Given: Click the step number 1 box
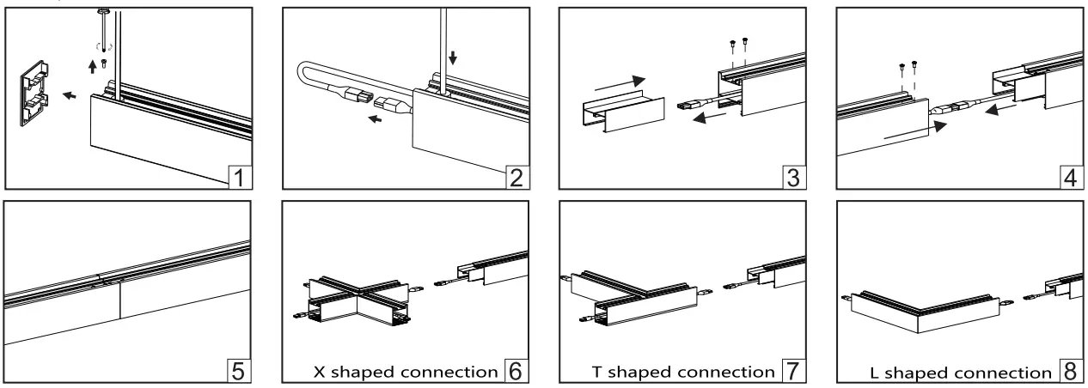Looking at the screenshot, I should click(241, 179).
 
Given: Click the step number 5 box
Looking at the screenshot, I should click(241, 372).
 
